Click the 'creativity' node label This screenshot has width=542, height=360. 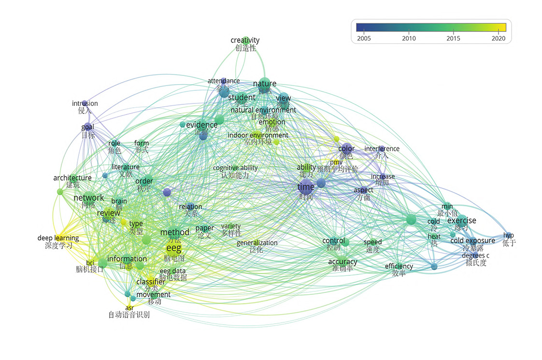click(245, 40)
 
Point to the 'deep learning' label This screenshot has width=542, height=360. click(58, 238)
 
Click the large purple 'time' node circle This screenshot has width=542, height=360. click(306, 187)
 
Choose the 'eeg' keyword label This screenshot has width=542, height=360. click(173, 248)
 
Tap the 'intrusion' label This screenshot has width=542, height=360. click(85, 103)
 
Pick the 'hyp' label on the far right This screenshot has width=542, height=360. click(509, 235)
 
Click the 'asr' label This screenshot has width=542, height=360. click(129, 308)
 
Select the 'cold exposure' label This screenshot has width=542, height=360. click(472, 241)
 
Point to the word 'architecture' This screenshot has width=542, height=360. click(72, 178)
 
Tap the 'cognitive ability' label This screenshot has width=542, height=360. click(235, 168)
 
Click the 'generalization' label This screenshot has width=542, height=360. click(257, 243)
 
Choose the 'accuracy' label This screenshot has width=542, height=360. click(342, 262)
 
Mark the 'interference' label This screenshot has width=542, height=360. click(382, 149)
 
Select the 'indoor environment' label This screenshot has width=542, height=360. click(258, 135)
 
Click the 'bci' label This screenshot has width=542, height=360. click(90, 263)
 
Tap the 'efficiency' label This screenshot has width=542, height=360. click(399, 266)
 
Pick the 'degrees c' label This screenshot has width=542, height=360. click(475, 255)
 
